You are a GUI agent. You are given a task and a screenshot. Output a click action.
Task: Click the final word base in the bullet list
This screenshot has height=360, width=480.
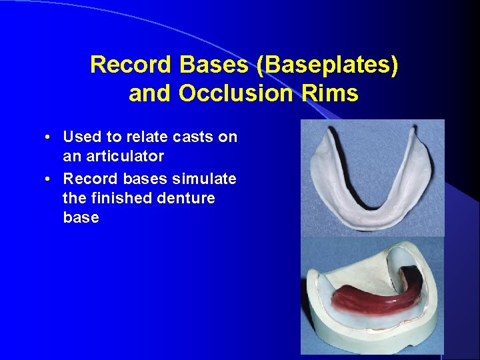click(81, 217)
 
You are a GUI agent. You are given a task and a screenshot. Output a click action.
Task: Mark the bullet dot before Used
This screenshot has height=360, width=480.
click(49, 137)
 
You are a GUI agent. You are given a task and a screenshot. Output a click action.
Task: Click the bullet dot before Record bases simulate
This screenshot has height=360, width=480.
click(49, 179)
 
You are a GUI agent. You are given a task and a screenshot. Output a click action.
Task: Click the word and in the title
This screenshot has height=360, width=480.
click(151, 93)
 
